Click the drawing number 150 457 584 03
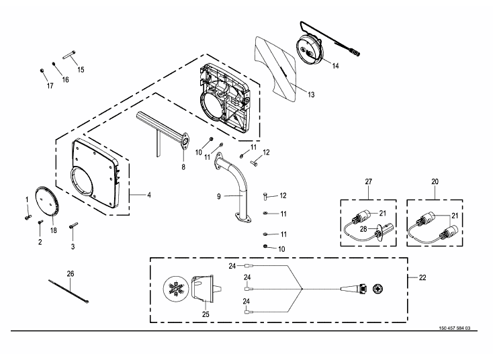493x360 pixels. point(454,328)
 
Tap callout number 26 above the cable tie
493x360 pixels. point(71,274)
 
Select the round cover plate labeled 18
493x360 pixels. point(47,201)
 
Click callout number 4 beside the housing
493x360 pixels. point(149,195)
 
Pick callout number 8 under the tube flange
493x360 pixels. point(183,167)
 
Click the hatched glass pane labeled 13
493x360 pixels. point(276,69)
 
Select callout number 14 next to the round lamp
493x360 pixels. point(335,66)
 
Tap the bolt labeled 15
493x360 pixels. point(69,54)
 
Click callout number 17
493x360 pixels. point(50,85)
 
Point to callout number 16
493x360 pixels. point(65,79)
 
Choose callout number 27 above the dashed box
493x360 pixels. point(369,181)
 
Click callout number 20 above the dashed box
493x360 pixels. point(435,181)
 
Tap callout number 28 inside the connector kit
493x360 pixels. point(363,229)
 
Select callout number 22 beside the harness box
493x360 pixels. point(422,277)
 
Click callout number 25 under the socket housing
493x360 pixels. point(206,314)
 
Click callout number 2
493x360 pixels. point(40,242)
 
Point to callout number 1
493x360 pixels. point(27,199)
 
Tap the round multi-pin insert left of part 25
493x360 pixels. point(175,289)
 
